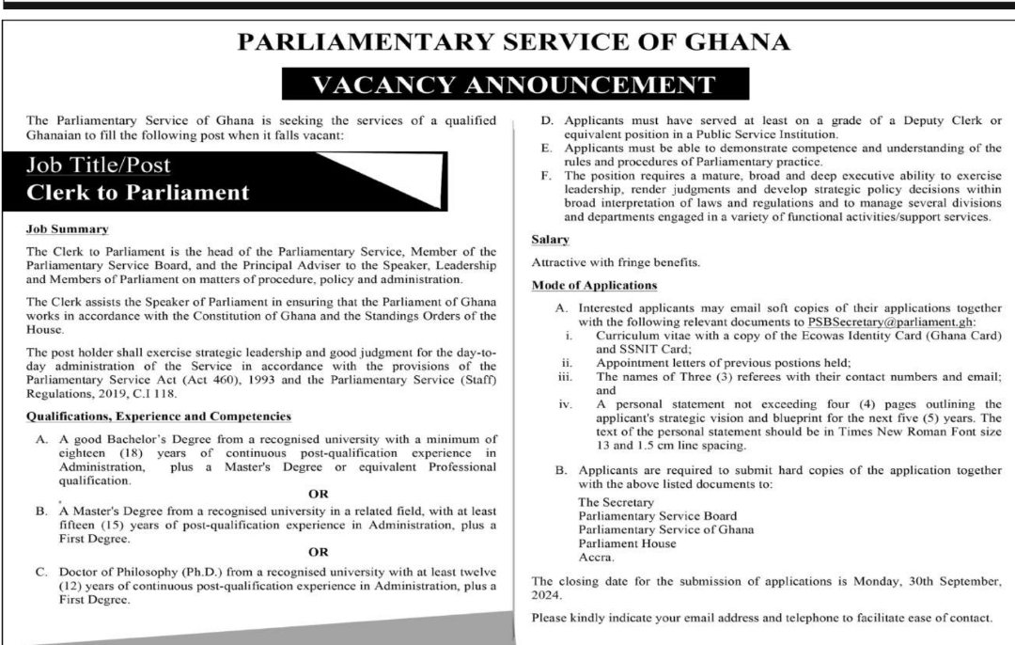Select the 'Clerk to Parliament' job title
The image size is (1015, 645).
(139, 194)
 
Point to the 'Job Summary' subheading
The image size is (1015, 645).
(68, 229)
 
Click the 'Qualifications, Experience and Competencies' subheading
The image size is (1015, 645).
(158, 416)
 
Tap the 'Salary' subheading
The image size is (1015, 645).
(549, 241)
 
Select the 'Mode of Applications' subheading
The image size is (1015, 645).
(594, 284)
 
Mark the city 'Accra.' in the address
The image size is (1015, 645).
(597, 557)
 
